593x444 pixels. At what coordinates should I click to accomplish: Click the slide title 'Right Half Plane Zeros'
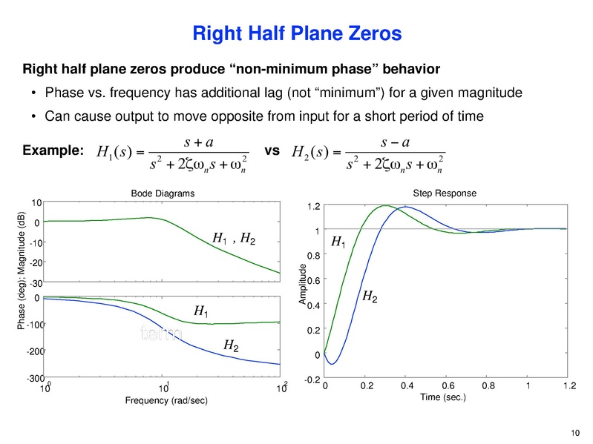click(297, 33)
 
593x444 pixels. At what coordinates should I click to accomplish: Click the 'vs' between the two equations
click(272, 150)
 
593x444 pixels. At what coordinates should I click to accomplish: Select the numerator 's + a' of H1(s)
click(163, 137)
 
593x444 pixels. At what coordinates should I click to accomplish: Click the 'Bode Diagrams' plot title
click(163, 193)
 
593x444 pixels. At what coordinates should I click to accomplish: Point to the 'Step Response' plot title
click(445, 193)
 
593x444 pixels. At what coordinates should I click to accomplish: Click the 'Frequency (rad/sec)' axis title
click(164, 400)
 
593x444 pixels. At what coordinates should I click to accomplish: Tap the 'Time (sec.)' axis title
click(443, 397)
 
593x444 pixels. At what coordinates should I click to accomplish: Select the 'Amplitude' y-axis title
click(302, 284)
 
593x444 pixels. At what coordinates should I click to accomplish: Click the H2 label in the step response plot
click(369, 296)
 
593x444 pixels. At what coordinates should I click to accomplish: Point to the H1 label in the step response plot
click(338, 242)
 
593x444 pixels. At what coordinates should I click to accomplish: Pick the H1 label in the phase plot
click(201, 312)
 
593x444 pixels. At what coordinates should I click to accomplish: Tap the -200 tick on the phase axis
click(35, 352)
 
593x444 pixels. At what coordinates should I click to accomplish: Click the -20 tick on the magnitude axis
click(36, 262)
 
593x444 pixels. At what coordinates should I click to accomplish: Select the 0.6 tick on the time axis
click(448, 386)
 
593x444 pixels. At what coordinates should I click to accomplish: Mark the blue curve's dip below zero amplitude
click(333, 364)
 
